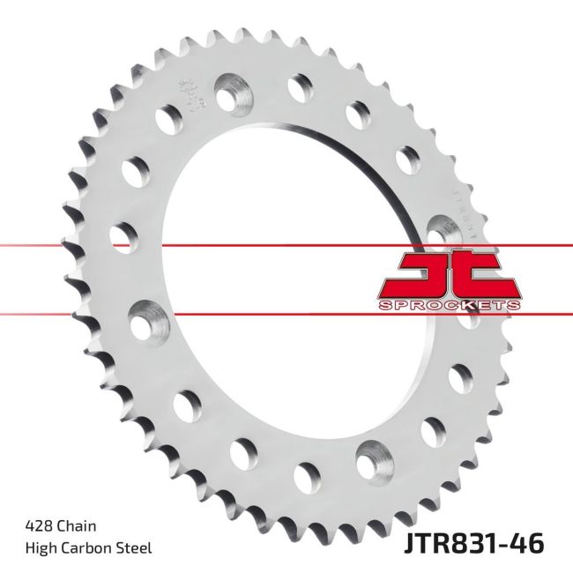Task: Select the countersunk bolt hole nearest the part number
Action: point(370,459)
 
